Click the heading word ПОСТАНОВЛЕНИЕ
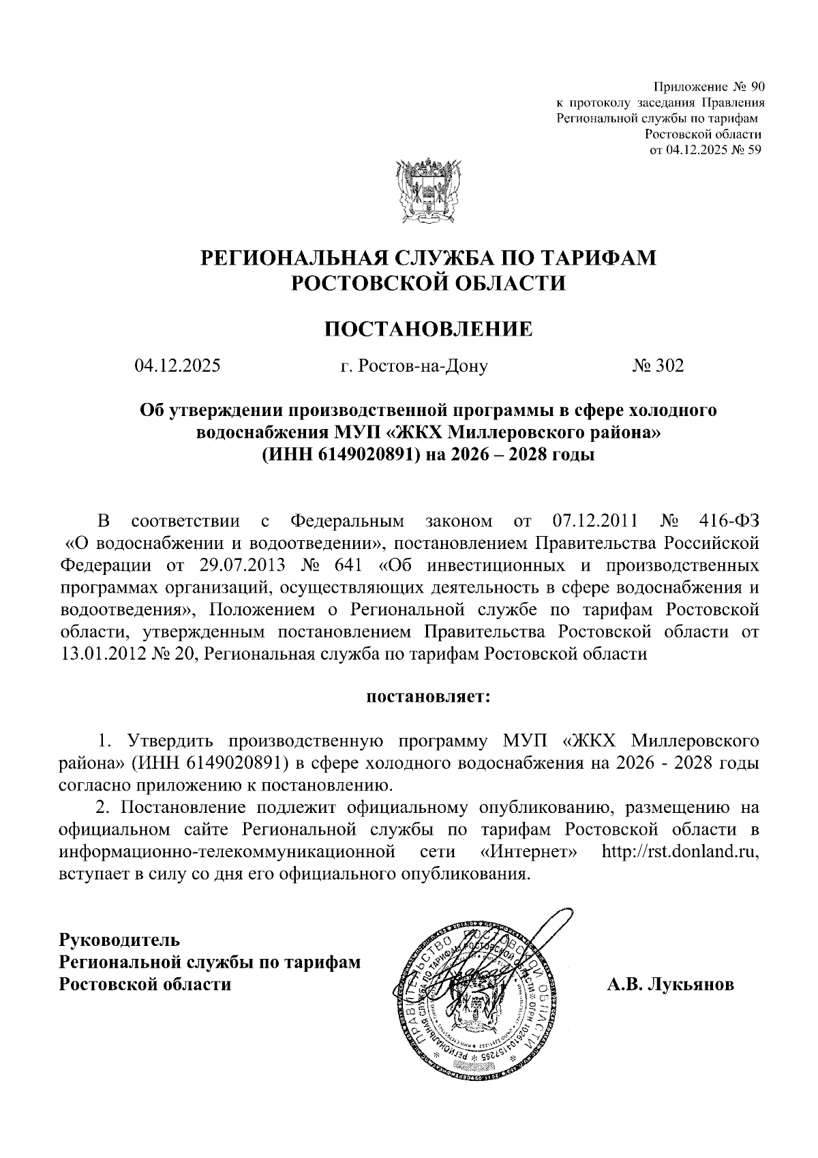pos(427,329)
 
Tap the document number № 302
pos(657,366)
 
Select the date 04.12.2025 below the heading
pos(177,366)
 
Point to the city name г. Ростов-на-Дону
pos(414,367)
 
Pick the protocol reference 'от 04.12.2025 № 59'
pos(705,150)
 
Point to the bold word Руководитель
pos(120,940)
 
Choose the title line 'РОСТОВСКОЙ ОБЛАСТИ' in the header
pos(429,282)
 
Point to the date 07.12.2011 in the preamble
pos(593,522)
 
